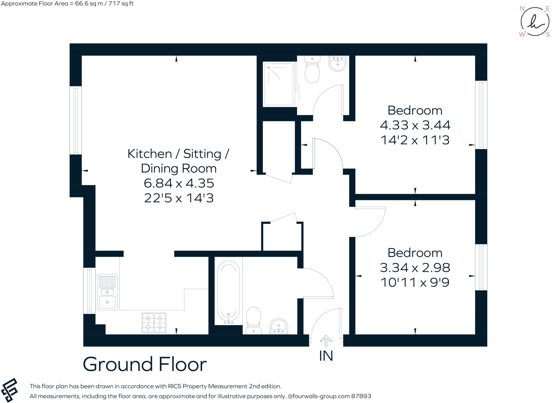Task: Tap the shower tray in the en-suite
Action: click(279, 84)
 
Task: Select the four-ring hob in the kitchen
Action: click(154, 323)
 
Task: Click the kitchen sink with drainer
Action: click(107, 292)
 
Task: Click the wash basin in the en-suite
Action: click(338, 63)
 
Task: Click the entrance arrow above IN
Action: click(326, 340)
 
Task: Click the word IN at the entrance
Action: click(326, 356)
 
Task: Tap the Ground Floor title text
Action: click(145, 364)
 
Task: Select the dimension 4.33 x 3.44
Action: click(415, 125)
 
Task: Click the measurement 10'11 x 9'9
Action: click(415, 282)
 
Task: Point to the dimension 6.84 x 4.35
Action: click(179, 183)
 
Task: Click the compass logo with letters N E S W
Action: click(535, 22)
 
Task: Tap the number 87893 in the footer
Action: click(361, 396)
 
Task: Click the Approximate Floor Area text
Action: click(67, 4)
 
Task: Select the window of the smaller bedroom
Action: click(481, 267)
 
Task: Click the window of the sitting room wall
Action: click(76, 120)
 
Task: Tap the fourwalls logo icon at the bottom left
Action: click(10, 390)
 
